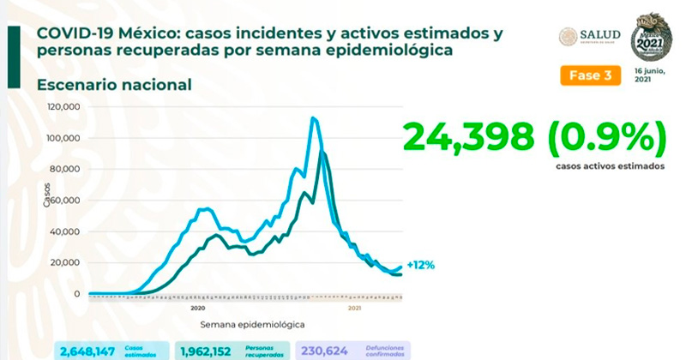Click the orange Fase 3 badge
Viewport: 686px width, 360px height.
point(590,75)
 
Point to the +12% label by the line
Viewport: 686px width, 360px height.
point(419,265)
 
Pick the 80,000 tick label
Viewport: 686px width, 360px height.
point(65,170)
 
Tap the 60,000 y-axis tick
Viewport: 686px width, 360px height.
point(65,201)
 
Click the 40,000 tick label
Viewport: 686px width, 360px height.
point(65,231)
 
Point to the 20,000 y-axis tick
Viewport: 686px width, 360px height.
point(65,263)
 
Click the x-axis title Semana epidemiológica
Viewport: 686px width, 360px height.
point(252,325)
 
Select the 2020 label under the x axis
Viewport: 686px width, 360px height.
point(197,307)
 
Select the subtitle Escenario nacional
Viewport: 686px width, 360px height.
point(113,85)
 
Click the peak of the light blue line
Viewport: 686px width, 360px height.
point(313,118)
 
